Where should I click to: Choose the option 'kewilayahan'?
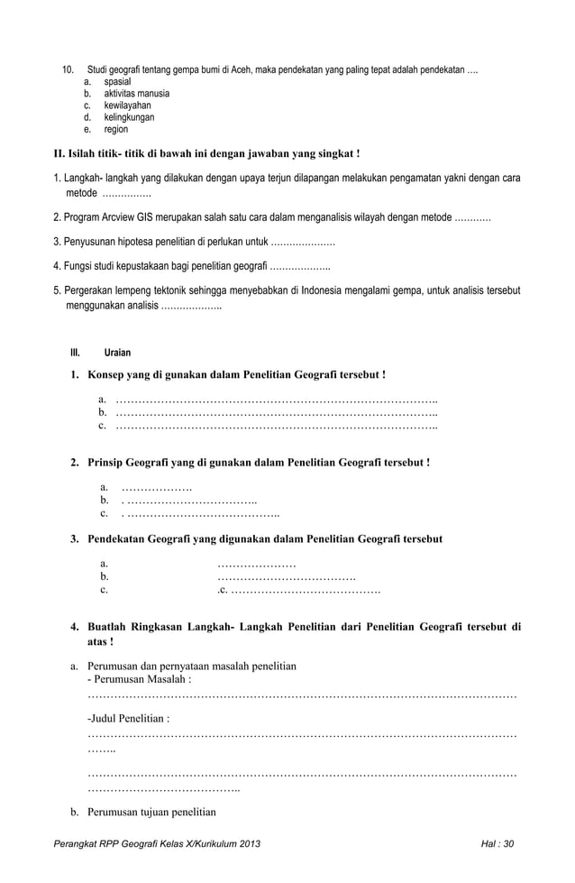click(127, 106)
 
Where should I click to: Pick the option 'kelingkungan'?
click(129, 117)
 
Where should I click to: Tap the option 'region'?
click(116, 129)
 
